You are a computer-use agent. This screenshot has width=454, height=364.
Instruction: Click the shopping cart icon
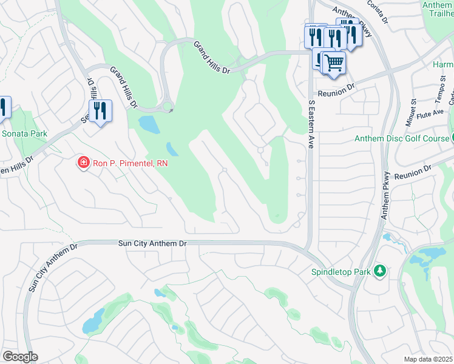tap(333, 62)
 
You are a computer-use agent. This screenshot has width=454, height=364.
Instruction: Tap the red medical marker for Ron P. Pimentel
tap(83, 163)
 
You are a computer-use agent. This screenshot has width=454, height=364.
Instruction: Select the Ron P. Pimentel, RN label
tap(129, 163)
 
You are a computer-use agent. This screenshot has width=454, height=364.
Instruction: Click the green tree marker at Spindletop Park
tap(380, 270)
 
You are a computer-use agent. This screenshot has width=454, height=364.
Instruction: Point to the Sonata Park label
tap(24, 133)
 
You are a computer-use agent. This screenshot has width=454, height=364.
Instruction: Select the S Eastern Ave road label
tap(312, 124)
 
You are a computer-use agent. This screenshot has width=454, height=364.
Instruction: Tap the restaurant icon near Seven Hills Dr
tap(101, 110)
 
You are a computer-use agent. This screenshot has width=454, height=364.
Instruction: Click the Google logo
tap(20, 357)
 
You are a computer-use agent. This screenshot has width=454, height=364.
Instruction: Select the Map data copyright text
tap(429, 359)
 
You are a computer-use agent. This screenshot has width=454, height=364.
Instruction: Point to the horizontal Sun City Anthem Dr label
tap(152, 243)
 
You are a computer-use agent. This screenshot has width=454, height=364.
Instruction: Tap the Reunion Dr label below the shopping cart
tap(334, 89)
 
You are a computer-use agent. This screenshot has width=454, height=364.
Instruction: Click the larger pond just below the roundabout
tap(148, 124)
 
